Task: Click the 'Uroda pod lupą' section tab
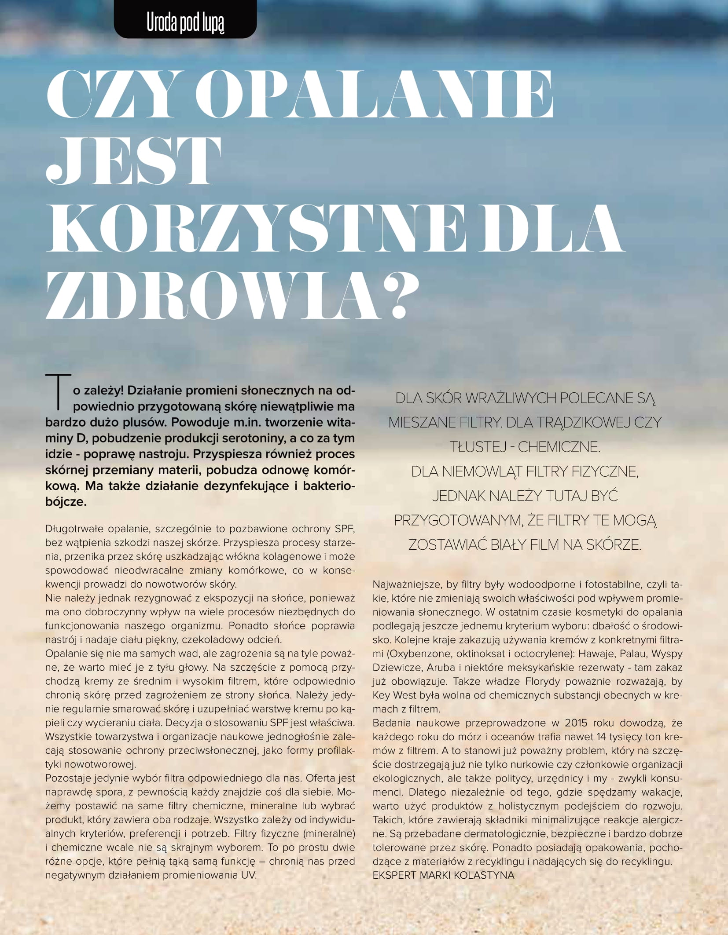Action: tap(185, 24)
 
